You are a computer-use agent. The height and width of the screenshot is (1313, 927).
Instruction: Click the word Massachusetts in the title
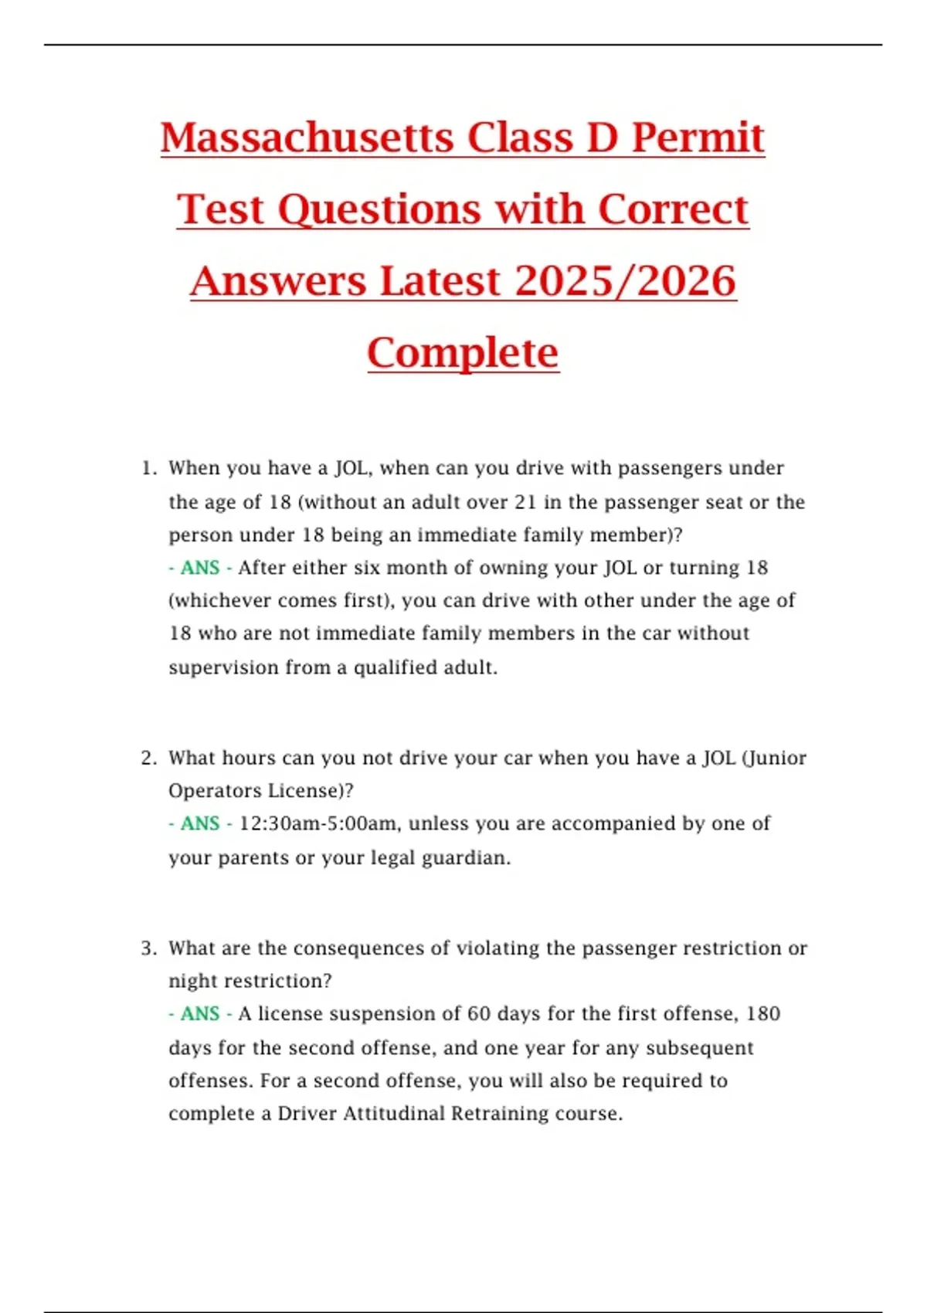pyautogui.click(x=307, y=138)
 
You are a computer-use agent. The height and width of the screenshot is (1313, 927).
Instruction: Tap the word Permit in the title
pyautogui.click(x=698, y=138)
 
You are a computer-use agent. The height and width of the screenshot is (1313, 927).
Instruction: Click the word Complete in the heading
pyautogui.click(x=463, y=354)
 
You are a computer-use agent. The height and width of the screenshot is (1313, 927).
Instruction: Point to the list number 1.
pyautogui.click(x=148, y=469)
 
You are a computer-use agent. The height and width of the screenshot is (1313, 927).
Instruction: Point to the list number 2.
pyautogui.click(x=148, y=758)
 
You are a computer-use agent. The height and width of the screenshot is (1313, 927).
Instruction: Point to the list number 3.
pyautogui.click(x=148, y=948)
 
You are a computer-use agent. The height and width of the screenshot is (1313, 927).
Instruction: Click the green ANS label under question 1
pyautogui.click(x=200, y=568)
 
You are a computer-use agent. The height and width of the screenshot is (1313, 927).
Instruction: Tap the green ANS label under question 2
pyautogui.click(x=200, y=824)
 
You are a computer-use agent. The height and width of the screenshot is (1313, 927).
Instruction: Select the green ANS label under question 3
pyautogui.click(x=200, y=1014)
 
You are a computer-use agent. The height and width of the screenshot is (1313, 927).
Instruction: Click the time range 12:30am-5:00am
pyautogui.click(x=319, y=824)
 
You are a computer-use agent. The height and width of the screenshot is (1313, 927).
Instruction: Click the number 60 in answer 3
pyautogui.click(x=479, y=1014)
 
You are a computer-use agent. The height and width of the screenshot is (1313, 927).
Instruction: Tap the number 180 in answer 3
pyautogui.click(x=763, y=1014)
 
